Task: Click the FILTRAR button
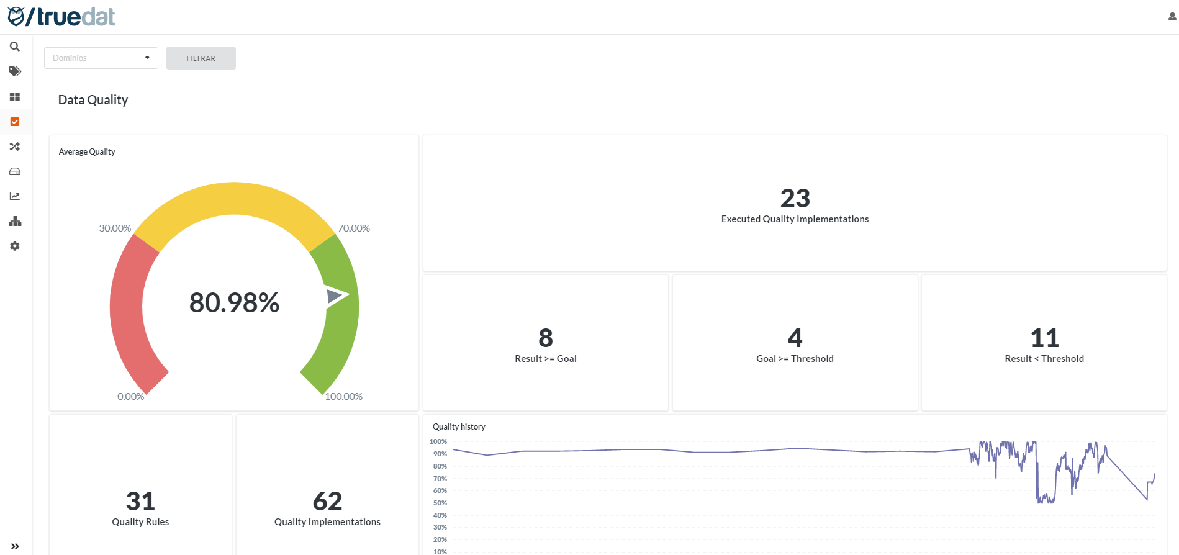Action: click(201, 58)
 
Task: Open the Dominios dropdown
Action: click(101, 58)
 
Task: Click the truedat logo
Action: click(61, 17)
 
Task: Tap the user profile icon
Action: click(1172, 17)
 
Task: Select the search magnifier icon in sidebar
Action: click(15, 47)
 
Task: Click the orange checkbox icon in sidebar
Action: click(15, 122)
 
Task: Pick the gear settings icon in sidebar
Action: click(15, 246)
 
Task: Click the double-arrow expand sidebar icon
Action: click(15, 546)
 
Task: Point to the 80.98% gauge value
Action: click(234, 303)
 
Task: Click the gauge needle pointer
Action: click(336, 296)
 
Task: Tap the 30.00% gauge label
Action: click(115, 228)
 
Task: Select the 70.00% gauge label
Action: click(353, 228)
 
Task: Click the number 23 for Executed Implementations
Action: click(795, 199)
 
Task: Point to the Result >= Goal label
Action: click(545, 359)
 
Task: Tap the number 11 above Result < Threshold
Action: click(1044, 338)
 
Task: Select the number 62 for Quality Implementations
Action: click(327, 501)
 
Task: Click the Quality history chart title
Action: click(459, 426)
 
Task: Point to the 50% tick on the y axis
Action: click(440, 503)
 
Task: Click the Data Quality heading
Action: click(93, 100)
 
